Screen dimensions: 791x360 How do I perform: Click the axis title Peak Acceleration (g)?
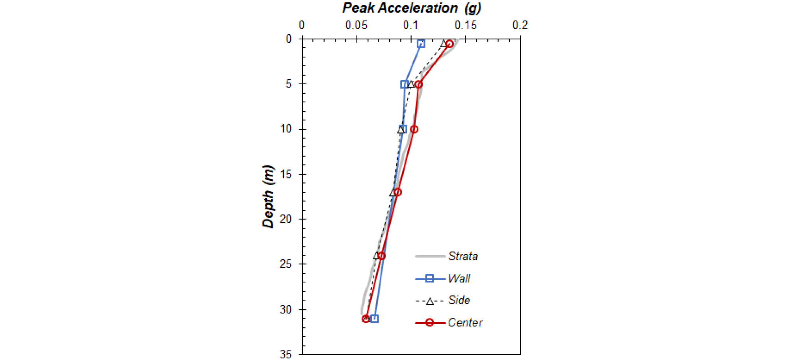click(412, 8)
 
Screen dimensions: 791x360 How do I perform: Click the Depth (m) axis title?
click(268, 197)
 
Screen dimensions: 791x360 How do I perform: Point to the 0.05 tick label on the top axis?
click(356, 26)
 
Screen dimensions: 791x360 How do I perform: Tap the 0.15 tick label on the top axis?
click(466, 26)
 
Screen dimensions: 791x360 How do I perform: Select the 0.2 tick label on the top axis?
click(520, 26)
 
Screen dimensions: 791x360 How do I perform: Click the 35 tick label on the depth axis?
click(286, 354)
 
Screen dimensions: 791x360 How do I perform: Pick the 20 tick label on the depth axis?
click(286, 219)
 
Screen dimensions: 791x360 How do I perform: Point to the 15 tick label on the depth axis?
click(286, 174)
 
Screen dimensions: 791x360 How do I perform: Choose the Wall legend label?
click(459, 278)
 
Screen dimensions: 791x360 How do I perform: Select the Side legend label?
click(459, 301)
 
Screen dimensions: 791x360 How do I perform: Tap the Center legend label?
click(465, 323)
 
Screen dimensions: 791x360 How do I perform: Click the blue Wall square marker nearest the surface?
click(421, 44)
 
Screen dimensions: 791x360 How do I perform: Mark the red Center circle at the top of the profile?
click(449, 44)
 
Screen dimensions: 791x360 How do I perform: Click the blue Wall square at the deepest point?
click(375, 319)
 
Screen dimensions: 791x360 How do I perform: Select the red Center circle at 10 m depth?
click(414, 129)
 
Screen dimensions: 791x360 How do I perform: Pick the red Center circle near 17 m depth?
click(398, 192)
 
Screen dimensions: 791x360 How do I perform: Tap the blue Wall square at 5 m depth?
click(404, 84)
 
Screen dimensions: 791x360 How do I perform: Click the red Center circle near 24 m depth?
click(381, 256)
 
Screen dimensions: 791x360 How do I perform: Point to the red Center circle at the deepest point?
click(366, 319)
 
